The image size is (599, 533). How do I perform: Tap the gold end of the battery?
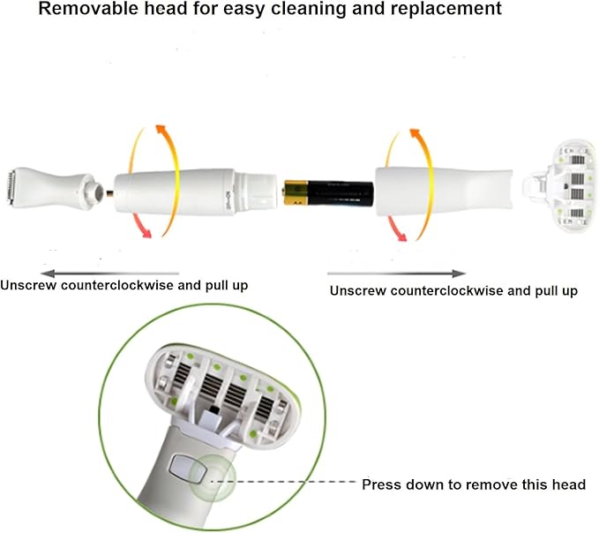(x=294, y=191)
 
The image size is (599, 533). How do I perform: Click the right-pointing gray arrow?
(x=396, y=274)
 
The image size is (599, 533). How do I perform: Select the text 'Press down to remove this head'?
(x=474, y=485)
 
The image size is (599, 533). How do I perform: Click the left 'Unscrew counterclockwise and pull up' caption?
(x=124, y=286)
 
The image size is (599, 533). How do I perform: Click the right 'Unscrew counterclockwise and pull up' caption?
(x=453, y=290)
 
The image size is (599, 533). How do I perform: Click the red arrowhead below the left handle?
(x=146, y=232)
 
